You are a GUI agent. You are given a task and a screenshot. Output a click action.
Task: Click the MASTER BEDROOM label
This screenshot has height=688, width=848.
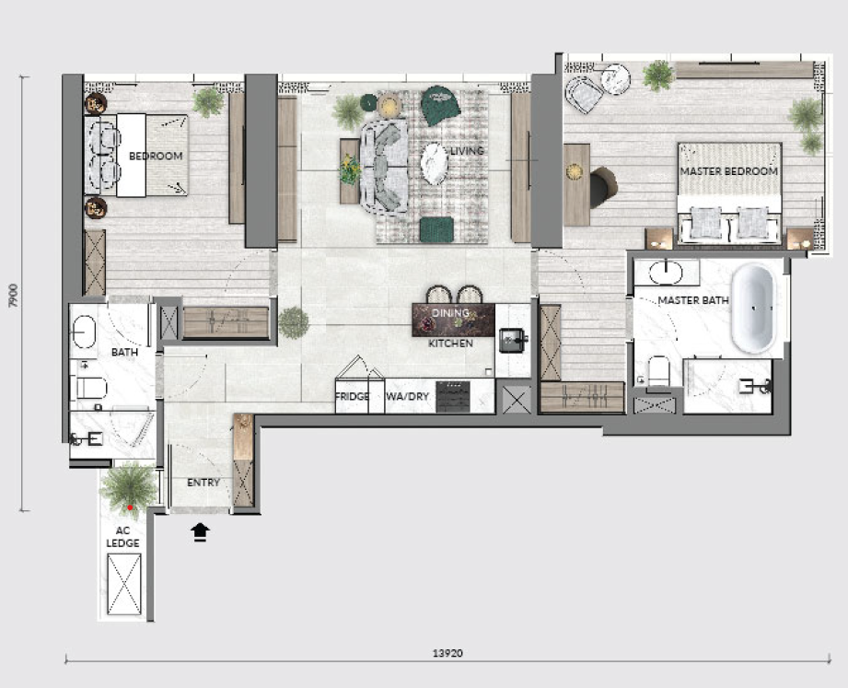[728, 171]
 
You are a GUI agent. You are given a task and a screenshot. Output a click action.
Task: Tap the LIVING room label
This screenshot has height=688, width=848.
[467, 151]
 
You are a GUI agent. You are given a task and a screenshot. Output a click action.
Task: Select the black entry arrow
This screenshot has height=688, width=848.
[200, 531]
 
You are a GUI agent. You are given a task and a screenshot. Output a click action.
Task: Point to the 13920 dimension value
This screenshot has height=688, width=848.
[447, 653]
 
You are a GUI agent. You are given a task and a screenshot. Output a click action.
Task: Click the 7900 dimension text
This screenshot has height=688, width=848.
[14, 296]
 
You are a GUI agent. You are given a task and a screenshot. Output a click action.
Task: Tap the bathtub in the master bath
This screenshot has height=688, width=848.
[754, 309]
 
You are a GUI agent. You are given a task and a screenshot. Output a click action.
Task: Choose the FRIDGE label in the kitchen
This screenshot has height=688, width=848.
[352, 396]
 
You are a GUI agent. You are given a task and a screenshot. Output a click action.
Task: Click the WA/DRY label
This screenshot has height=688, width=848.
[407, 396]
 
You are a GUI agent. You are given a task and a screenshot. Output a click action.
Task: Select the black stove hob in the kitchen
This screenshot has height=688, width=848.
[453, 396]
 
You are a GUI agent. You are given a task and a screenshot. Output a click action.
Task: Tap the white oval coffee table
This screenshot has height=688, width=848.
[435, 164]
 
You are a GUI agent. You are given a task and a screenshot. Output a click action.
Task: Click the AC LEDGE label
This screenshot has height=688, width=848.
[122, 537]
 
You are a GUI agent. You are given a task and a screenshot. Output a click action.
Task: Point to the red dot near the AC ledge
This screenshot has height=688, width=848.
[130, 507]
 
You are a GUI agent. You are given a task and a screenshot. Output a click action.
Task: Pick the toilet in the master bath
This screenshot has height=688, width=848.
[658, 370]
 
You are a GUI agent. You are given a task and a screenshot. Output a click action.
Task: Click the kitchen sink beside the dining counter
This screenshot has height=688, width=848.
[513, 340]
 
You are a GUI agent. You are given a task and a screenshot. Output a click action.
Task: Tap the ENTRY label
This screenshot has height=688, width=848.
[203, 483]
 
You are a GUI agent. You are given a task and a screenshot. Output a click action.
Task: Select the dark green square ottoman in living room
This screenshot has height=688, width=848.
[437, 229]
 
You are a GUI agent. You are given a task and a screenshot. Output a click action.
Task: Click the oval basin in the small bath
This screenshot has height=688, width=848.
[84, 332]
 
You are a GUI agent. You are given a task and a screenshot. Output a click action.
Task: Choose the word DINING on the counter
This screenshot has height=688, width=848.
[450, 312]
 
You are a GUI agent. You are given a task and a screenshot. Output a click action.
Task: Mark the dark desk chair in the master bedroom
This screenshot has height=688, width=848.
[604, 188]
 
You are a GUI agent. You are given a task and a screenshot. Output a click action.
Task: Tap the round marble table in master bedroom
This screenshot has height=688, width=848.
[615, 80]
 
